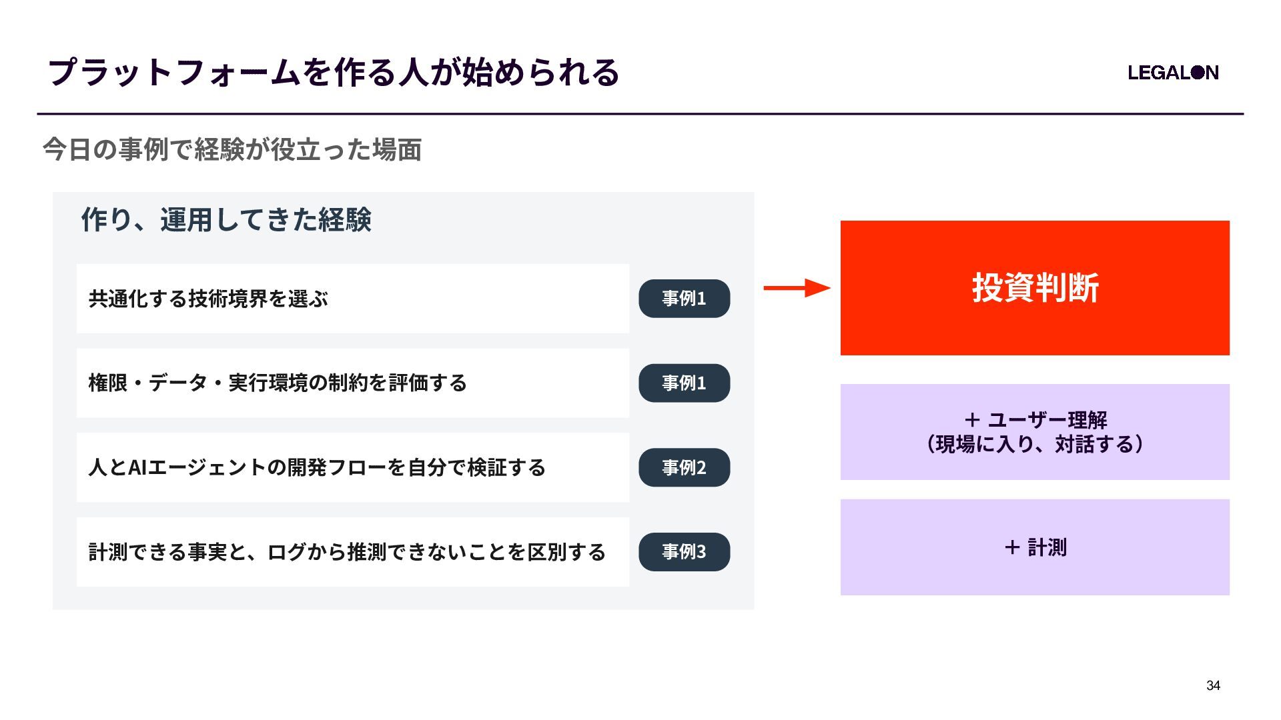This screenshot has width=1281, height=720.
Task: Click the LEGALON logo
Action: [1173, 73]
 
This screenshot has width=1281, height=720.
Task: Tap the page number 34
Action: [1213, 685]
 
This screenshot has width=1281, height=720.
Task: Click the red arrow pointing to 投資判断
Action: [797, 288]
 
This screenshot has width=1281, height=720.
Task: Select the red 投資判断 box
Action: [1035, 288]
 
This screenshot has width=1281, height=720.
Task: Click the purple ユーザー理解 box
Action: [1035, 432]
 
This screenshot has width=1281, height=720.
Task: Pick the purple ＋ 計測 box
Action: [1035, 547]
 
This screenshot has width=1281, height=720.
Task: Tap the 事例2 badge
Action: [685, 467]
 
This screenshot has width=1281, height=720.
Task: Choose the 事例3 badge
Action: [685, 552]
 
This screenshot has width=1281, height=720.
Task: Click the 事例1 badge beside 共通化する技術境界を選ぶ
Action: [685, 299]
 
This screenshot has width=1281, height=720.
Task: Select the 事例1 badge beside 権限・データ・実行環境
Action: [685, 383]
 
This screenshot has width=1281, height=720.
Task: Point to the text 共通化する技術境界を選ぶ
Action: [208, 299]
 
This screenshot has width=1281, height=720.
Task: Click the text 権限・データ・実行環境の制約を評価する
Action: [278, 383]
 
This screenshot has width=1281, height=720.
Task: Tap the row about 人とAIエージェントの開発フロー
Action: [353, 467]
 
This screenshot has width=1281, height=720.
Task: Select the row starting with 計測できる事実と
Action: [353, 552]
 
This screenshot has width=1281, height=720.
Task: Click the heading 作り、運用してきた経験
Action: [226, 219]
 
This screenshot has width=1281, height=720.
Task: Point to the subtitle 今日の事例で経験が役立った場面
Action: [232, 150]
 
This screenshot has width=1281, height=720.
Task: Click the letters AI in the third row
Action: [137, 467]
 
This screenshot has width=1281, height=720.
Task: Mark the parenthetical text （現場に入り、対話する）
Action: [1035, 444]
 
